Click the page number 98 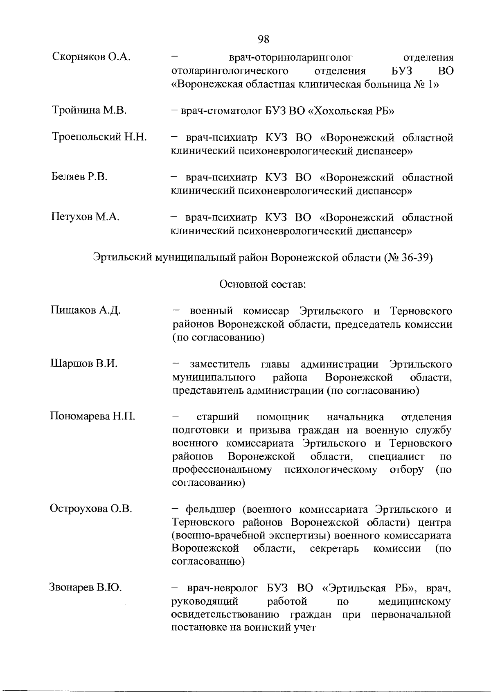coord(264,39)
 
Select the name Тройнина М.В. coord(89,110)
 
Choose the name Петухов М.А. coord(85,216)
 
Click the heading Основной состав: coord(263,284)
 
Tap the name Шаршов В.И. coord(84,363)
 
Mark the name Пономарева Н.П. coord(92,416)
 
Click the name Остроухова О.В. coord(91,509)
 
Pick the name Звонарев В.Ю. coord(86,588)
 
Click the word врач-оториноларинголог coord(291,57)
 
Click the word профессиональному coord(222,469)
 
